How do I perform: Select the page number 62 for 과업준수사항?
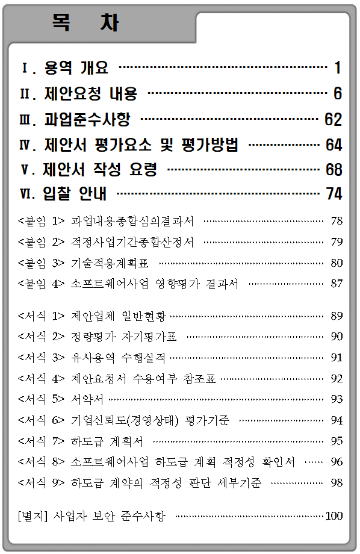[333, 119]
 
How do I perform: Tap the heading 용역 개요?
[76, 67]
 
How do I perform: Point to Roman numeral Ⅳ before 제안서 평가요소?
[26, 145]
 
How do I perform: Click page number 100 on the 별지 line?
[334, 516]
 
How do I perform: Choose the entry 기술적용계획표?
[110, 263]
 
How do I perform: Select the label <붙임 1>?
[42, 221]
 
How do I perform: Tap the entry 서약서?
[87, 399]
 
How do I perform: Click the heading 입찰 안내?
[74, 194]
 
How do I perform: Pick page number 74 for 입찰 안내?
[334, 194]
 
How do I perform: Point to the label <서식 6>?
[42, 420]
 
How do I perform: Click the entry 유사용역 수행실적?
[118, 358]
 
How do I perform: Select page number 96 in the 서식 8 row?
[337, 462]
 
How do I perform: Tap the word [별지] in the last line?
[33, 516]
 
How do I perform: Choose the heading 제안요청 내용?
[90, 93]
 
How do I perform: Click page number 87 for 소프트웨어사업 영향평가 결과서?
[337, 284]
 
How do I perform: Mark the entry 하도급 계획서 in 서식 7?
[107, 441]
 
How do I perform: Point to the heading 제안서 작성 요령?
[99, 170]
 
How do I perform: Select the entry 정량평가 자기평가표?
[123, 337]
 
